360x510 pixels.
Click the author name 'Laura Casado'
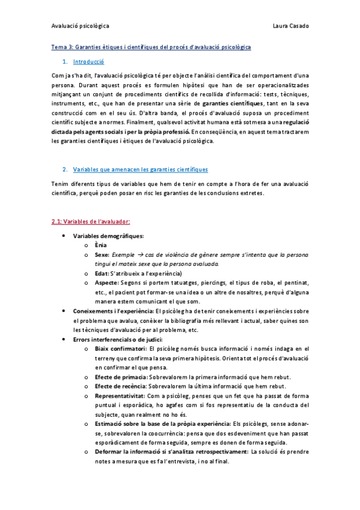point(290,26)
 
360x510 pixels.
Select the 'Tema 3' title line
point(151,46)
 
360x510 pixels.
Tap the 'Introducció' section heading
point(88,61)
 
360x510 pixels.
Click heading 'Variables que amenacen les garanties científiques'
point(140,170)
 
